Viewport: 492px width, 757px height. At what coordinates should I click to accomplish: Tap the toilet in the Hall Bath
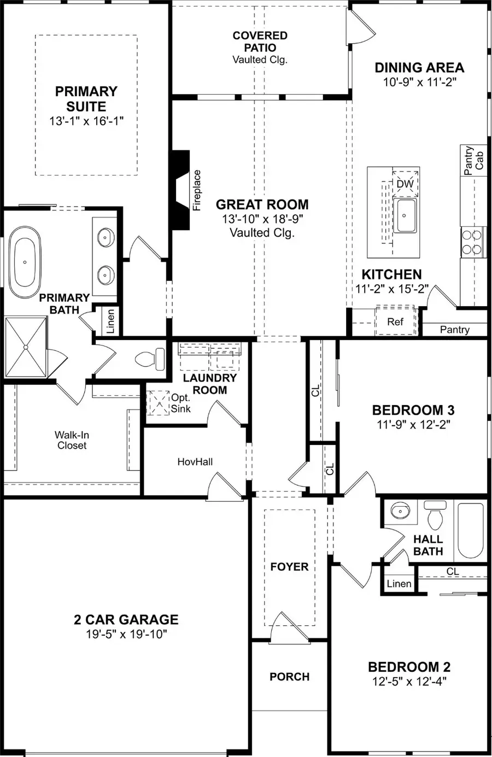tap(435, 517)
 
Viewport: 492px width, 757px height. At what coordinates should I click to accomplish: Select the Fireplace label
tap(197, 190)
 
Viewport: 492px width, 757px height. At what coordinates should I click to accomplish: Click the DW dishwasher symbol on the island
tap(405, 184)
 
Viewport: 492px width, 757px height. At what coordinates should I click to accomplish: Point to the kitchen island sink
tap(405, 215)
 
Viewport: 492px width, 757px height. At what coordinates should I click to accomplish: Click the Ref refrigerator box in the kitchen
tap(395, 322)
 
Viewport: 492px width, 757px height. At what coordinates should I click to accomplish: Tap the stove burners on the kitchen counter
tap(473, 242)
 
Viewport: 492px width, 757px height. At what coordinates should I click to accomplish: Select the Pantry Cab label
tap(473, 160)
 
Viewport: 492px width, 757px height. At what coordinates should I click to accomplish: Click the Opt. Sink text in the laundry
tap(180, 403)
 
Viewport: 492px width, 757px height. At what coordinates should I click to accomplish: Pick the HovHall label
tap(195, 462)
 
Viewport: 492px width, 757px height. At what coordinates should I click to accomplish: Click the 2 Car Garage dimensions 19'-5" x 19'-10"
tap(126, 634)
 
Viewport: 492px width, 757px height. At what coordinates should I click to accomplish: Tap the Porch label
tap(289, 677)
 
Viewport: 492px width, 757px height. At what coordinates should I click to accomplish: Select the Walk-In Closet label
tap(72, 440)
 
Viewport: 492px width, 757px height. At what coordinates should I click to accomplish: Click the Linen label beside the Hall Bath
tap(399, 584)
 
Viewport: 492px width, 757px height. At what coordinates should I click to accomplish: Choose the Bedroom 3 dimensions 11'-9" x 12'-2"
tap(413, 424)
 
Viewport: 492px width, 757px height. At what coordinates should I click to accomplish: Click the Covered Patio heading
tap(260, 42)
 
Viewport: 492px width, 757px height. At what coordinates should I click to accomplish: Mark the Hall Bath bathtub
tap(470, 530)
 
